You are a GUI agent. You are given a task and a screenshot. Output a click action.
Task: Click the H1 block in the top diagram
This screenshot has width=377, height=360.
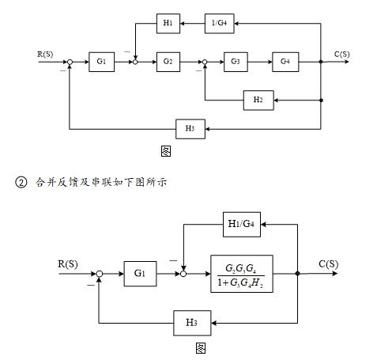pos(168,24)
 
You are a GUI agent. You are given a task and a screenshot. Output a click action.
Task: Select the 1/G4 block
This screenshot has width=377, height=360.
pos(219,24)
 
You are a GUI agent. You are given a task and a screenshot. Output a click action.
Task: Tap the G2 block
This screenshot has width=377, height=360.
pos(168,61)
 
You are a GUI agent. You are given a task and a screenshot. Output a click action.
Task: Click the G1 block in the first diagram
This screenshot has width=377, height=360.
pos(101,61)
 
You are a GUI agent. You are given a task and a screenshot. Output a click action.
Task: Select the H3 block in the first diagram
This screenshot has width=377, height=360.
pos(190,127)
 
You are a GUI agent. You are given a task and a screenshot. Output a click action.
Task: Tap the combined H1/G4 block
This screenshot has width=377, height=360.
pos(241,224)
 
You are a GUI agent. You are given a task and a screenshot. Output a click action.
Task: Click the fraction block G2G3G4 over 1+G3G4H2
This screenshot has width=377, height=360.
pos(242,274)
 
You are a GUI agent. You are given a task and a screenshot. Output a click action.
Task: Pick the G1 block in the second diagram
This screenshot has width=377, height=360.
pos(140,274)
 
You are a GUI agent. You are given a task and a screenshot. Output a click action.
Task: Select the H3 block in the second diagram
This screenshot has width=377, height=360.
pos(190,321)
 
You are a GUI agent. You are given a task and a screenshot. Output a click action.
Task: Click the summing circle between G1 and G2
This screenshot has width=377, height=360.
pos(135,61)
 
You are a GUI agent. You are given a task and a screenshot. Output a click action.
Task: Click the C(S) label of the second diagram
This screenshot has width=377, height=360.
pos(329,264)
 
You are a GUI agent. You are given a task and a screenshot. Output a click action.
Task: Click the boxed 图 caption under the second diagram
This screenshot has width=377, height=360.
pos(201,347)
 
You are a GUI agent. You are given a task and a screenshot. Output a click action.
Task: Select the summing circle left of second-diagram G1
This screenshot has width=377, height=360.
pos(100,274)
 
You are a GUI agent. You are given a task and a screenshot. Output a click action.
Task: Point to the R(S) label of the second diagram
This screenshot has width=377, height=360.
pos(73,263)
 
